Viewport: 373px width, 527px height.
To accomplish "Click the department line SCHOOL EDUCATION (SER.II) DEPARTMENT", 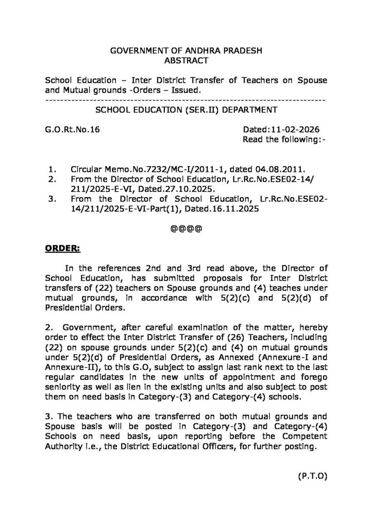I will pyautogui.click(x=185, y=110).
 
